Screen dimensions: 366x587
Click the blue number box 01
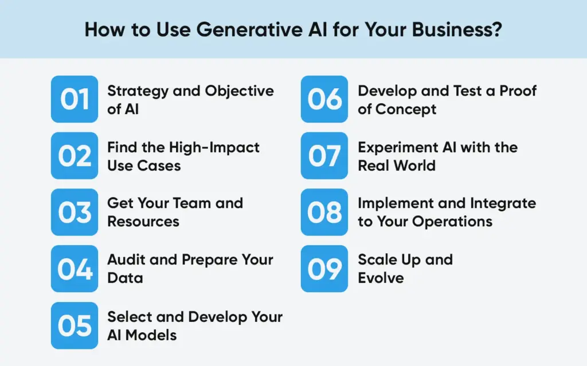[75, 99]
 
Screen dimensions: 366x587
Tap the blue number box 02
[75, 156]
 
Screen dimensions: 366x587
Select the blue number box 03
[75, 212]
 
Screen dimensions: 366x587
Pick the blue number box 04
[75, 269]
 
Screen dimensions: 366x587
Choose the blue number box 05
[75, 325]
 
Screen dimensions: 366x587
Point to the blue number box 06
[324, 99]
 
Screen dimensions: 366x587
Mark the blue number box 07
[324, 156]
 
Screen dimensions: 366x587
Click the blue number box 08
[324, 212]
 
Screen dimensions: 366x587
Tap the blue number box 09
[324, 269]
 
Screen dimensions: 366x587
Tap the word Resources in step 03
[143, 221]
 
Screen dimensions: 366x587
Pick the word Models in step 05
[154, 335]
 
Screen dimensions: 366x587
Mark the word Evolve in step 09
[381, 278]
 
